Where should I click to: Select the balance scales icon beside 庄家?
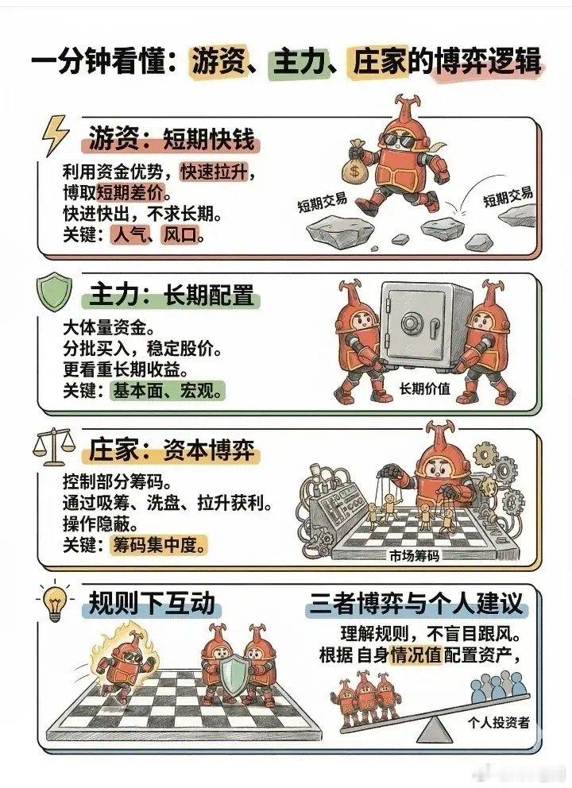pyautogui.click(x=52, y=448)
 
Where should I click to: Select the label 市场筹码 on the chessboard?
pyautogui.click(x=415, y=555)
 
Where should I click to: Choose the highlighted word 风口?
pyautogui.click(x=182, y=235)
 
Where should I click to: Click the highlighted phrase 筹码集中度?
pyautogui.click(x=160, y=547)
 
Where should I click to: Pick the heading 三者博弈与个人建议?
pyautogui.click(x=415, y=605)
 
